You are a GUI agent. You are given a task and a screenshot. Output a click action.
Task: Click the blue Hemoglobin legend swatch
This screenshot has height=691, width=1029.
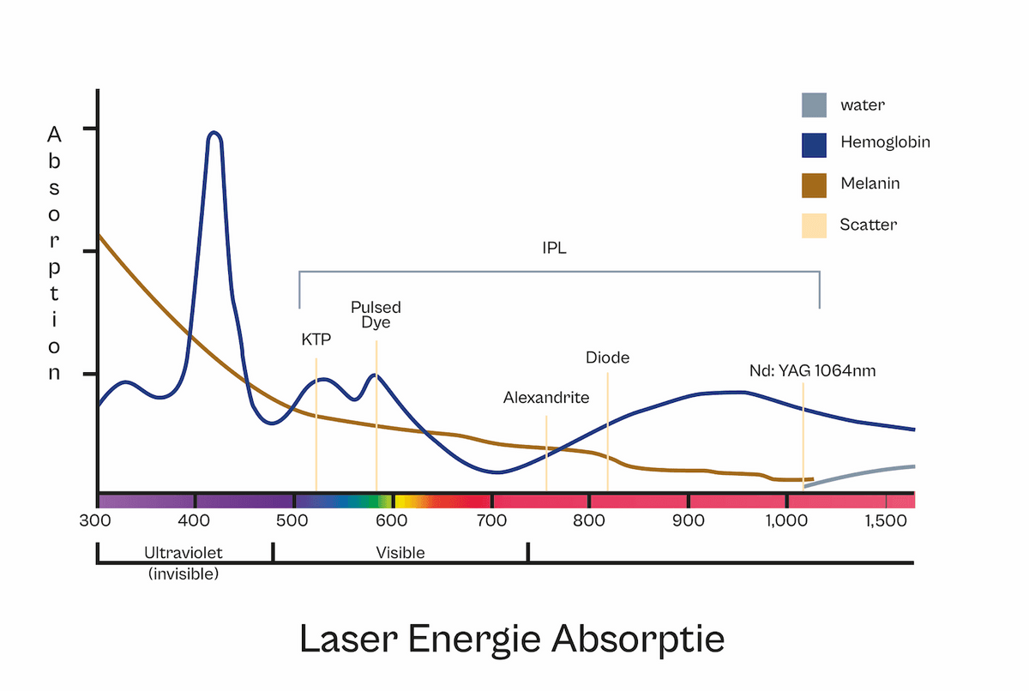[814, 145]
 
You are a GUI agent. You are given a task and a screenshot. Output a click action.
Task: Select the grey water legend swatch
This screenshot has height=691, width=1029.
[814, 105]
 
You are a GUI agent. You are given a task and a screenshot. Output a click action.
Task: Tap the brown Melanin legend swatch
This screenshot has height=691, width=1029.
[814, 184]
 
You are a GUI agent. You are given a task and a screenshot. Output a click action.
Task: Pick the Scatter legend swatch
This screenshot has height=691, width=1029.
[814, 225]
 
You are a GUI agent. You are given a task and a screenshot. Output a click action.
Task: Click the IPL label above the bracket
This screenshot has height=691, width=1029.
[555, 249]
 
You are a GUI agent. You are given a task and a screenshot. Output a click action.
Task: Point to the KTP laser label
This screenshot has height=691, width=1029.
[316, 339]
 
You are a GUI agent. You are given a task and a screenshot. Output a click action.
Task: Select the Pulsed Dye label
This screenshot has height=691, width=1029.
[376, 315]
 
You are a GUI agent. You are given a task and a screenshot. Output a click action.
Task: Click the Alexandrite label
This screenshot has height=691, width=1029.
[546, 398]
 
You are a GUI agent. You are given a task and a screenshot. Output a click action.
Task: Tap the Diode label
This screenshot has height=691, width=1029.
[607, 358]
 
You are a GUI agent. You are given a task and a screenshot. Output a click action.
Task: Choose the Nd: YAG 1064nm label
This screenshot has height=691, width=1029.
[812, 371]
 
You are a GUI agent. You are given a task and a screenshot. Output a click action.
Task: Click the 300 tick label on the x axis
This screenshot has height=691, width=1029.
[97, 520]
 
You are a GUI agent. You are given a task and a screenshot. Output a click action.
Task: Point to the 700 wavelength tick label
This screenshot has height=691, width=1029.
[492, 520]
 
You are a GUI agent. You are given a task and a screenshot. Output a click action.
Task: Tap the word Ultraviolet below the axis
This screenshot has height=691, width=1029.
[184, 553]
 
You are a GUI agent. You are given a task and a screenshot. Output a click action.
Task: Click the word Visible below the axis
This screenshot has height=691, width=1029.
[400, 553]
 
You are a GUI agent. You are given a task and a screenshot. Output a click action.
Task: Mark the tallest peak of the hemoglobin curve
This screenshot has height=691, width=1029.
[214, 134]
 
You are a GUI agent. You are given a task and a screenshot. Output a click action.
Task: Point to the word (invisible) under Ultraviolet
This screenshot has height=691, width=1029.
[184, 574]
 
